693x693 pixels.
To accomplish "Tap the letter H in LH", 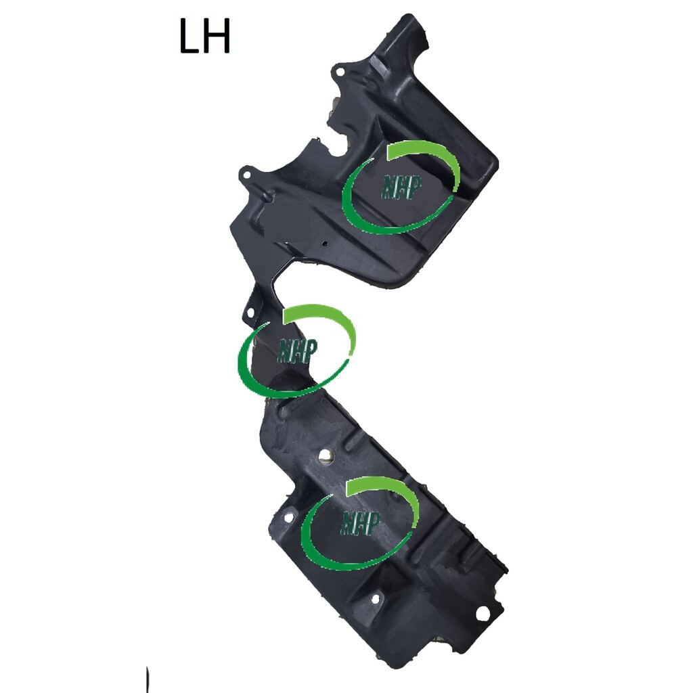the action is tap(217, 37).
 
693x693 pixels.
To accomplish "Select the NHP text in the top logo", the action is tap(401, 187).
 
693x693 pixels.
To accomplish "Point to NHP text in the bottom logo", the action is tap(360, 523).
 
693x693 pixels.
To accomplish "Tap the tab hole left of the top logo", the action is tap(246, 175).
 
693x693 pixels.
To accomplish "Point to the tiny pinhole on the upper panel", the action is tap(325, 243).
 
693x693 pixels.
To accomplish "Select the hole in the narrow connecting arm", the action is tap(250, 313).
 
